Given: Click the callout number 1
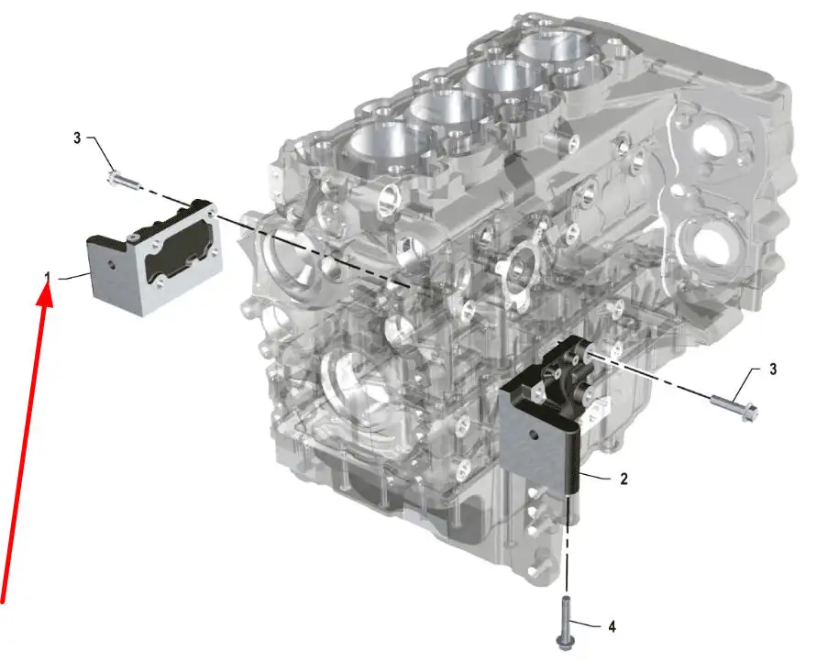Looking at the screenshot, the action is (48, 277).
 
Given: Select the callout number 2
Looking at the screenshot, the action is (624, 479).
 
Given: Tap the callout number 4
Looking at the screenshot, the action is (613, 626).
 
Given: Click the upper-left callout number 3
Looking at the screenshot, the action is (77, 138).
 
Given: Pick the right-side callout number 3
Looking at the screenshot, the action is (773, 370).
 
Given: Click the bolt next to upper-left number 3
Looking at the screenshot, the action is (124, 180).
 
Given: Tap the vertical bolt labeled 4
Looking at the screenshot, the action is (565, 623).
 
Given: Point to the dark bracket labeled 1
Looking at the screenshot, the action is (155, 256).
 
